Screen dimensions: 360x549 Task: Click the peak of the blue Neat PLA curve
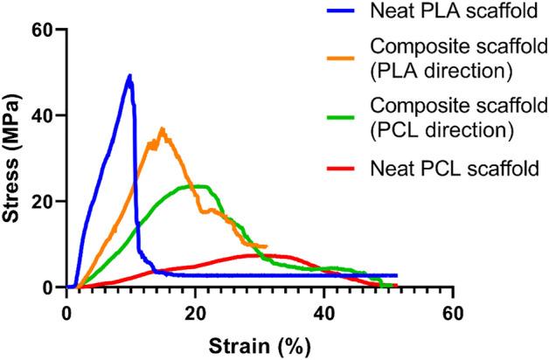point(130,76)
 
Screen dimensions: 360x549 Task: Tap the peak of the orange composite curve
point(162,129)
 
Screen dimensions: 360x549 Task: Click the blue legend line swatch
point(341,12)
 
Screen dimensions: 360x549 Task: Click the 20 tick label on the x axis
point(196,310)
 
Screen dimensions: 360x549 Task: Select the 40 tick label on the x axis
point(324,310)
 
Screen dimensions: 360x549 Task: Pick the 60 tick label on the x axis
point(453,310)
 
